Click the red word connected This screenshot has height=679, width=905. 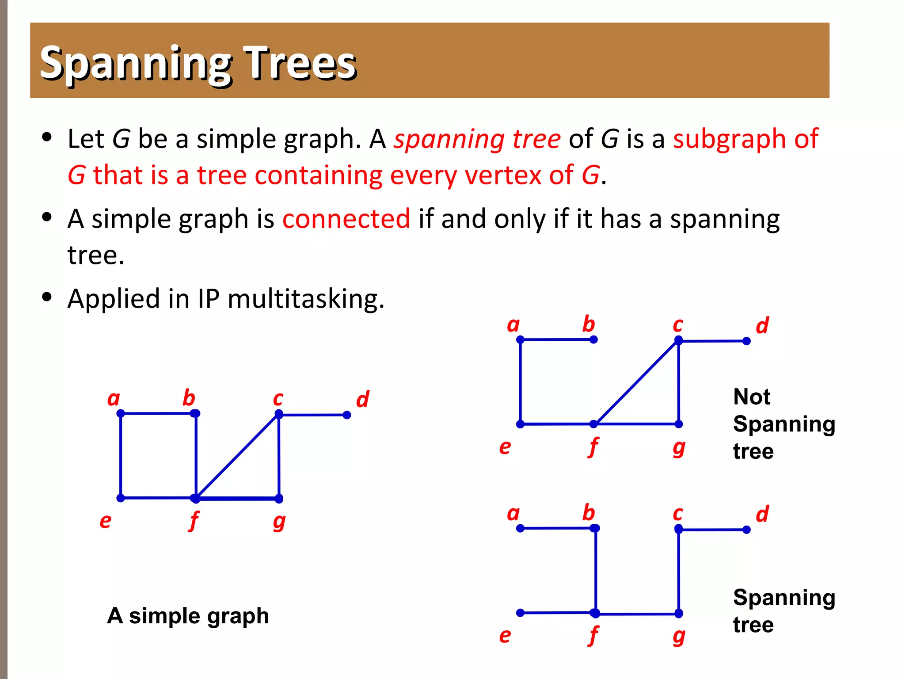[x=346, y=219]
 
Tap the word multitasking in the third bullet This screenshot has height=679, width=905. [x=306, y=299]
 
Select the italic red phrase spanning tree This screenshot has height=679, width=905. [x=477, y=139]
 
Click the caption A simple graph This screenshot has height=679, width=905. [x=188, y=616]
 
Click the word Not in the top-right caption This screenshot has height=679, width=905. [x=752, y=397]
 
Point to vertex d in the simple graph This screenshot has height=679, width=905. [x=347, y=415]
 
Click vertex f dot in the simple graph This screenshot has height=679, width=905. [x=195, y=498]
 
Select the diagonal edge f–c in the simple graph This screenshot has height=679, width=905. [x=237, y=456]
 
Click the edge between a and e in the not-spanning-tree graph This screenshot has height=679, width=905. [x=521, y=381]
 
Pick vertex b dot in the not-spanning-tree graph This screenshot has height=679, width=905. [x=593, y=339]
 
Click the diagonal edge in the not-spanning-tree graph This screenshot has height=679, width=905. [x=636, y=382]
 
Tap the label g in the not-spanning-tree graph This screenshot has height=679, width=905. [x=679, y=448]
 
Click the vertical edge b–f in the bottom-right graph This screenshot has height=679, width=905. [x=596, y=570]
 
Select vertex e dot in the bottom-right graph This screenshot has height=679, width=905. [x=521, y=613]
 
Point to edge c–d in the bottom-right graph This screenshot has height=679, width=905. [x=712, y=529]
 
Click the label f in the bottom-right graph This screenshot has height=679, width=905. [x=593, y=636]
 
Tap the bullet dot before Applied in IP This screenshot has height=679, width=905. [x=47, y=297]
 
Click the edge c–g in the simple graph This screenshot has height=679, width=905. [x=279, y=456]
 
